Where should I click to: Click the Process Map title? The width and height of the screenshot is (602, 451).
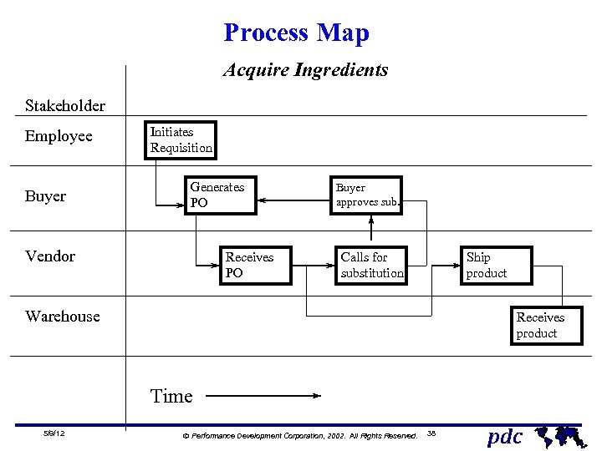tap(296, 33)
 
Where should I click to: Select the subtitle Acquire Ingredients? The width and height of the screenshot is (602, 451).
tap(305, 70)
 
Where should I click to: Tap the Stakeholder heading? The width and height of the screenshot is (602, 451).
tap(65, 106)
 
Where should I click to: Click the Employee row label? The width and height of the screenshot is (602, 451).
tap(59, 136)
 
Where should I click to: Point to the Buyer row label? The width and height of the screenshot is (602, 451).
tap(45, 196)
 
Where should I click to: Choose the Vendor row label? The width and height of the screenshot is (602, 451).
tap(50, 256)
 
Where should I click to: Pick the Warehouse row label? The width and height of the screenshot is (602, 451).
tap(63, 317)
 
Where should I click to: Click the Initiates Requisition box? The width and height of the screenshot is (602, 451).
tap(180, 140)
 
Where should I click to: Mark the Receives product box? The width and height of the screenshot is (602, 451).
tap(547, 325)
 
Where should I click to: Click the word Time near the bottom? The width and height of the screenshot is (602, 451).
tap(171, 397)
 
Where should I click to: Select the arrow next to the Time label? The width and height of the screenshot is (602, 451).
tap(263, 397)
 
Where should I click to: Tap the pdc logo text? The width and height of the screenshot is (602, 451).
tap(505, 436)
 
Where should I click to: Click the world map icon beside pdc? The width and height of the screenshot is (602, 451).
tap(559, 434)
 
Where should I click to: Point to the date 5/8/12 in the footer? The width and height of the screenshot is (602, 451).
tap(54, 433)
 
